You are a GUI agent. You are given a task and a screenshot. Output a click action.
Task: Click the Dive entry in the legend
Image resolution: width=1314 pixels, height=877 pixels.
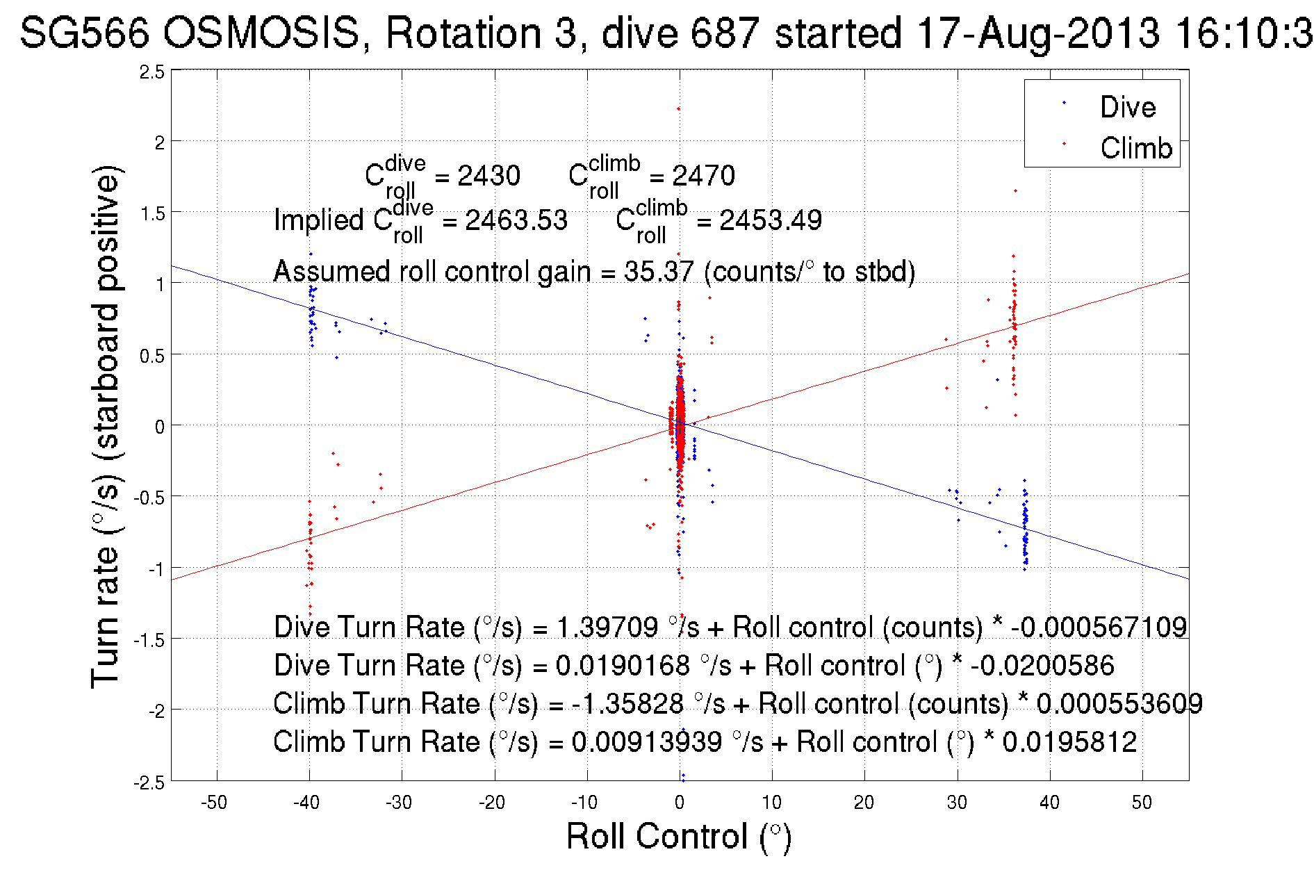pyautogui.click(x=1127, y=107)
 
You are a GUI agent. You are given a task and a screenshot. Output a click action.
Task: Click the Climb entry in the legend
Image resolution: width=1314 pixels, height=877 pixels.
pyautogui.click(x=1135, y=148)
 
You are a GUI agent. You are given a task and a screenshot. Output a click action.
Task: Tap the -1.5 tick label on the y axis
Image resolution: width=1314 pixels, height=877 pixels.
pyautogui.click(x=149, y=640)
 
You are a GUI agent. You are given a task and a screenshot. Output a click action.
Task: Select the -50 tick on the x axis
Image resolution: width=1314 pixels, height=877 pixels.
pyautogui.click(x=214, y=803)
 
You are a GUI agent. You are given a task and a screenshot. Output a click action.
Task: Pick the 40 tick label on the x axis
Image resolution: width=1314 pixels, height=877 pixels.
pyautogui.click(x=1049, y=803)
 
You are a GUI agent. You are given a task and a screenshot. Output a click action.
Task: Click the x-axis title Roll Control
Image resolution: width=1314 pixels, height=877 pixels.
pyautogui.click(x=678, y=836)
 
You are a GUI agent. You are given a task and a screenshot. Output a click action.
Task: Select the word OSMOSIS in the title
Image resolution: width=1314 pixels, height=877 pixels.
pyautogui.click(x=262, y=33)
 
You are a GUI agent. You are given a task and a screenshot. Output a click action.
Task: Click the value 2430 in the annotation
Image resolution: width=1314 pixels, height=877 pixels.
pyautogui.click(x=488, y=176)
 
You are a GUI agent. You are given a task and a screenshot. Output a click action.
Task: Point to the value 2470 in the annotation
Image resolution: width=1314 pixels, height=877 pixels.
pyautogui.click(x=703, y=176)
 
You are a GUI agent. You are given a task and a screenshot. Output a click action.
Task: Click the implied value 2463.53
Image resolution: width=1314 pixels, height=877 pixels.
pyautogui.click(x=516, y=220)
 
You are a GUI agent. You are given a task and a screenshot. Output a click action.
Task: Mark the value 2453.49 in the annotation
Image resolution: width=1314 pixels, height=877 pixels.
pyautogui.click(x=770, y=220)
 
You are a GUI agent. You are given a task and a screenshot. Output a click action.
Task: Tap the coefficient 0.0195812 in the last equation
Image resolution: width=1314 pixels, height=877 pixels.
pyautogui.click(x=1069, y=742)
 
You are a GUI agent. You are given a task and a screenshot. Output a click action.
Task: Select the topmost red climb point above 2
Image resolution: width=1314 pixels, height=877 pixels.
pyautogui.click(x=678, y=108)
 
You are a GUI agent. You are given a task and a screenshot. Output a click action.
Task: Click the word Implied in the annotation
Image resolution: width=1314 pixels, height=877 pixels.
pyautogui.click(x=319, y=220)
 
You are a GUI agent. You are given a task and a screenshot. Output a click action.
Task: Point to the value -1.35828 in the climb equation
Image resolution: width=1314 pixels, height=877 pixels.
pyautogui.click(x=627, y=704)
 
